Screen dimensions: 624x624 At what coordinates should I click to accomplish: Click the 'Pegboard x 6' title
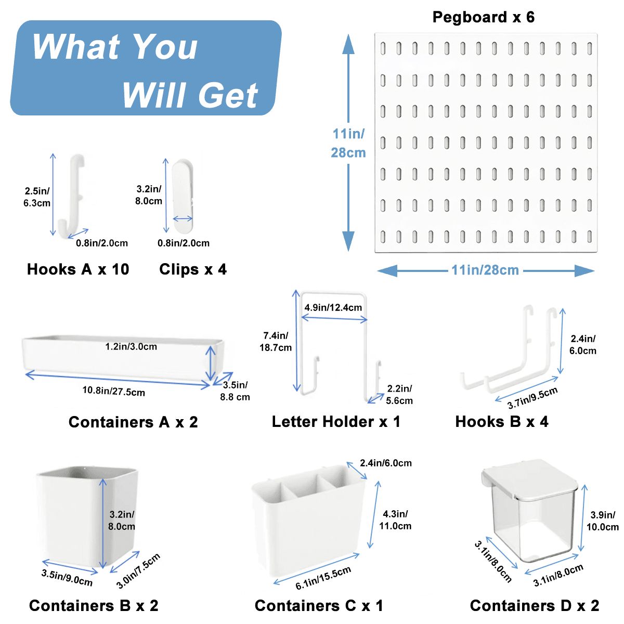click(x=483, y=17)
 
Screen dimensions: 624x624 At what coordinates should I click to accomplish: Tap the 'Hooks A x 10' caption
click(x=78, y=269)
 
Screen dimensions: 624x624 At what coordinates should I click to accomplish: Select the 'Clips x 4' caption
click(x=193, y=269)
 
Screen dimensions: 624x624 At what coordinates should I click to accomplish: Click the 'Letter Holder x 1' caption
click(x=336, y=422)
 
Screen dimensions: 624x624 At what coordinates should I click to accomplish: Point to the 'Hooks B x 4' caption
click(x=502, y=422)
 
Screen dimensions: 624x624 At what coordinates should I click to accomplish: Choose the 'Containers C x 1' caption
click(x=319, y=606)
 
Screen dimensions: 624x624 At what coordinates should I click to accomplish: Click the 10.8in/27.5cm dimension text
click(x=113, y=392)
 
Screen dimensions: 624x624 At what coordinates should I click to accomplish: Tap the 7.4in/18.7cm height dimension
click(x=276, y=342)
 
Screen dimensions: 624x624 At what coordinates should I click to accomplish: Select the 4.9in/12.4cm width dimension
click(x=333, y=307)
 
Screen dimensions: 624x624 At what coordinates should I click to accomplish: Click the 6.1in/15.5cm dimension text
click(x=323, y=578)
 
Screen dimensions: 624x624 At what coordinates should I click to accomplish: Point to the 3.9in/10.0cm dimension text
click(x=602, y=521)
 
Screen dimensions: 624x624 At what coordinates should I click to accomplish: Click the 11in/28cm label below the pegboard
click(x=485, y=270)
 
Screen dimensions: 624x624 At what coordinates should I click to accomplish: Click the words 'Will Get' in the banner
click(x=190, y=95)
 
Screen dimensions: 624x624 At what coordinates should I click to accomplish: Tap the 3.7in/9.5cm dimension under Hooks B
click(x=532, y=398)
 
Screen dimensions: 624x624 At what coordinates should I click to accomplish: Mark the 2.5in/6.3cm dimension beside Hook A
click(x=37, y=197)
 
